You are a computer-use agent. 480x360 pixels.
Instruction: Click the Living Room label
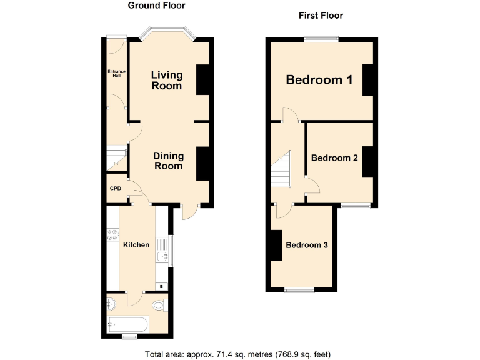(167, 80)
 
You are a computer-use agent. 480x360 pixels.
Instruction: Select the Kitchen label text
(136, 245)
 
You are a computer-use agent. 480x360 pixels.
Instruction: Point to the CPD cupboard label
(115, 189)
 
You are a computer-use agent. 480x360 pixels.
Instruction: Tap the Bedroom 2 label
(334, 158)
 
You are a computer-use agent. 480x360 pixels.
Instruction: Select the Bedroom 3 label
(307, 245)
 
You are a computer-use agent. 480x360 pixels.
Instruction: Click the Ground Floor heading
(156, 6)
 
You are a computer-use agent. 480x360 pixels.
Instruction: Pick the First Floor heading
(321, 16)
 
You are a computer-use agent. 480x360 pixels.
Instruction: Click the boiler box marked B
(162, 286)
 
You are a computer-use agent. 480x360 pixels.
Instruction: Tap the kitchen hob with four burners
(114, 236)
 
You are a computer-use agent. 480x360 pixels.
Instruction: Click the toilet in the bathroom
(159, 306)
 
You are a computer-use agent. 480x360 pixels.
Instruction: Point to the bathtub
(128, 324)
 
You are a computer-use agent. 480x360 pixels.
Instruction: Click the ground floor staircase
(116, 158)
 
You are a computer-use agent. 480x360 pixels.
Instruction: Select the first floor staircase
(282, 169)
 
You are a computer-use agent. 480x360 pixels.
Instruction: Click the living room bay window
(167, 31)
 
